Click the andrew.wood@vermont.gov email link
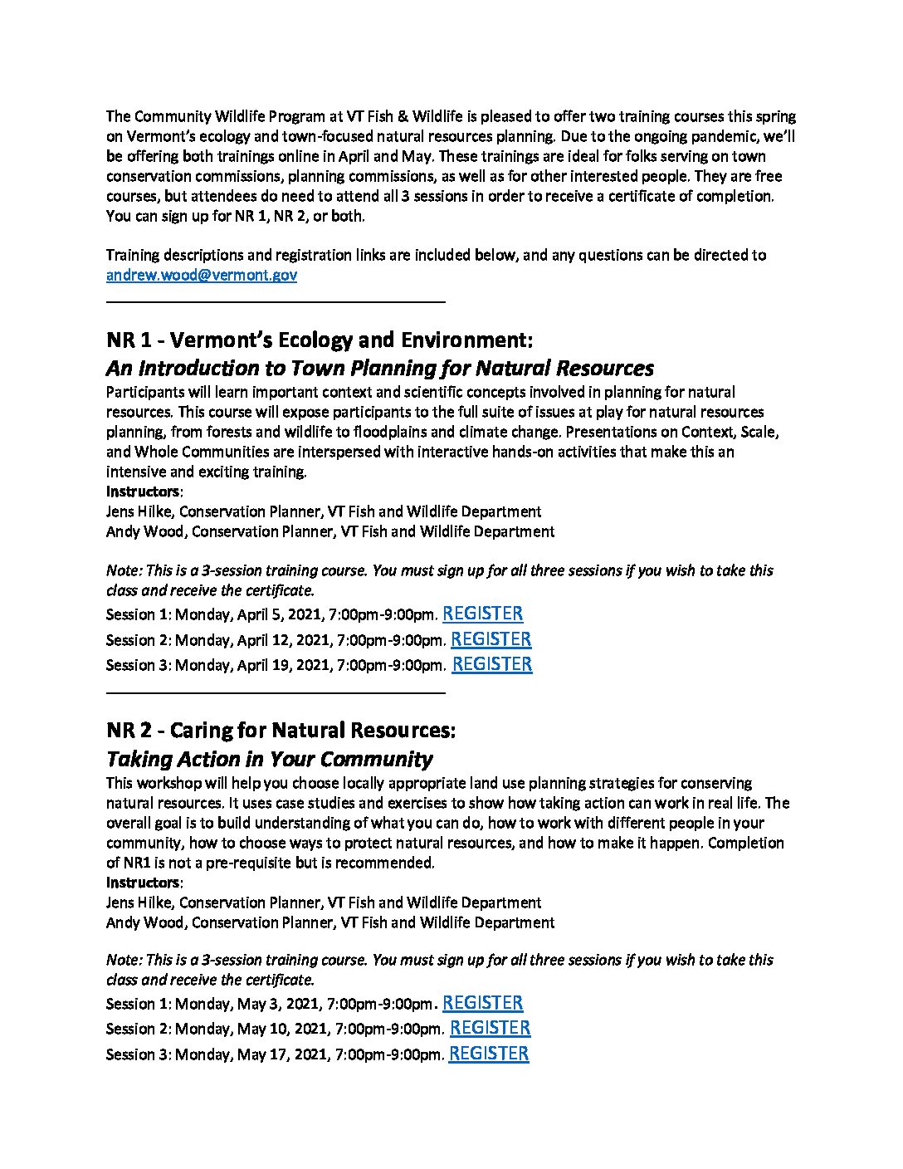tap(201, 276)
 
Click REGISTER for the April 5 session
tap(482, 614)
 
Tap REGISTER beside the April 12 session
tap(491, 638)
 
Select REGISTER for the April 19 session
tap(492, 663)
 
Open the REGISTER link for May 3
tap(482, 1003)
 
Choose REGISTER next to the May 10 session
tap(490, 1028)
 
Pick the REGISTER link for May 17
tap(488, 1054)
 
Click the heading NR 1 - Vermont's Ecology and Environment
tap(319, 340)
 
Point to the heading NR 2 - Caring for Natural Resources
tap(281, 731)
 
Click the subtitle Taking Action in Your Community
tap(269, 759)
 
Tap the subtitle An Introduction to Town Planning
tap(379, 368)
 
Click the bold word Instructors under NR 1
tap(143, 492)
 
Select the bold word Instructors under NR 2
tap(143, 882)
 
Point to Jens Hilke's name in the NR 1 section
tap(139, 511)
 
